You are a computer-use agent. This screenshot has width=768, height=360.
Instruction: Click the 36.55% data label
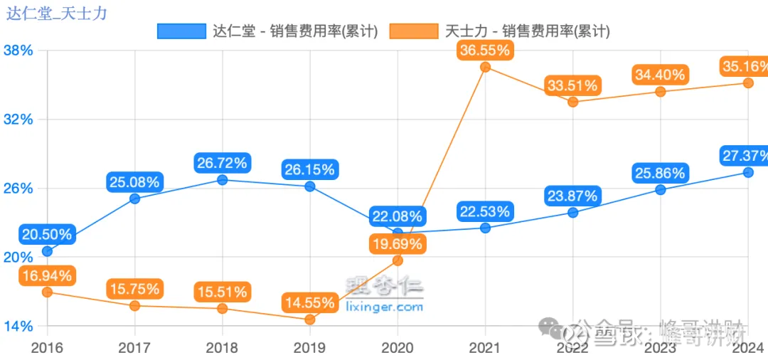(485, 51)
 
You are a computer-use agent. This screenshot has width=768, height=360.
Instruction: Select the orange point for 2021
(485, 67)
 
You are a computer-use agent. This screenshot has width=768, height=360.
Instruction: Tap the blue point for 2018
(222, 180)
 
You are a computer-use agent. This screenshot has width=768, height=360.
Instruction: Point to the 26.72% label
(222, 163)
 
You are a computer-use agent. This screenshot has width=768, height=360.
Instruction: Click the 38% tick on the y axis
(18, 51)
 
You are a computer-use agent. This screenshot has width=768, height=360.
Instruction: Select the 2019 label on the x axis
(309, 348)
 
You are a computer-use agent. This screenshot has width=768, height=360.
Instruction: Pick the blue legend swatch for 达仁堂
(181, 31)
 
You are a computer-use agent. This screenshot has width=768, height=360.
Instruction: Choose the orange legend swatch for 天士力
(414, 31)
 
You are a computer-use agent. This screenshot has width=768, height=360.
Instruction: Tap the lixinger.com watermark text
(384, 307)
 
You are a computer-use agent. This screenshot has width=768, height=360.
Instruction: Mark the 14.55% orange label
(309, 302)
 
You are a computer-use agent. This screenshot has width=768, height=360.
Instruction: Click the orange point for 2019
(309, 319)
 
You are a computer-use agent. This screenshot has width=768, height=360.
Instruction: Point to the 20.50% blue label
(47, 234)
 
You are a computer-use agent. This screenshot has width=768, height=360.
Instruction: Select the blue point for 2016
(47, 251)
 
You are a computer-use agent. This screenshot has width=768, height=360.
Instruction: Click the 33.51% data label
(572, 85)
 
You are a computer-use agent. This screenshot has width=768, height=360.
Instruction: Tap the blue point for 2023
(660, 189)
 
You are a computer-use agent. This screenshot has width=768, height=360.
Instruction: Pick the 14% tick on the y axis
(18, 327)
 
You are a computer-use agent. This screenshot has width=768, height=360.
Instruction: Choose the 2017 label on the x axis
(134, 348)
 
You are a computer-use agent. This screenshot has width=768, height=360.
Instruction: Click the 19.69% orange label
(397, 244)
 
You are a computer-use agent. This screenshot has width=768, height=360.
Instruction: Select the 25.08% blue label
(134, 182)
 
